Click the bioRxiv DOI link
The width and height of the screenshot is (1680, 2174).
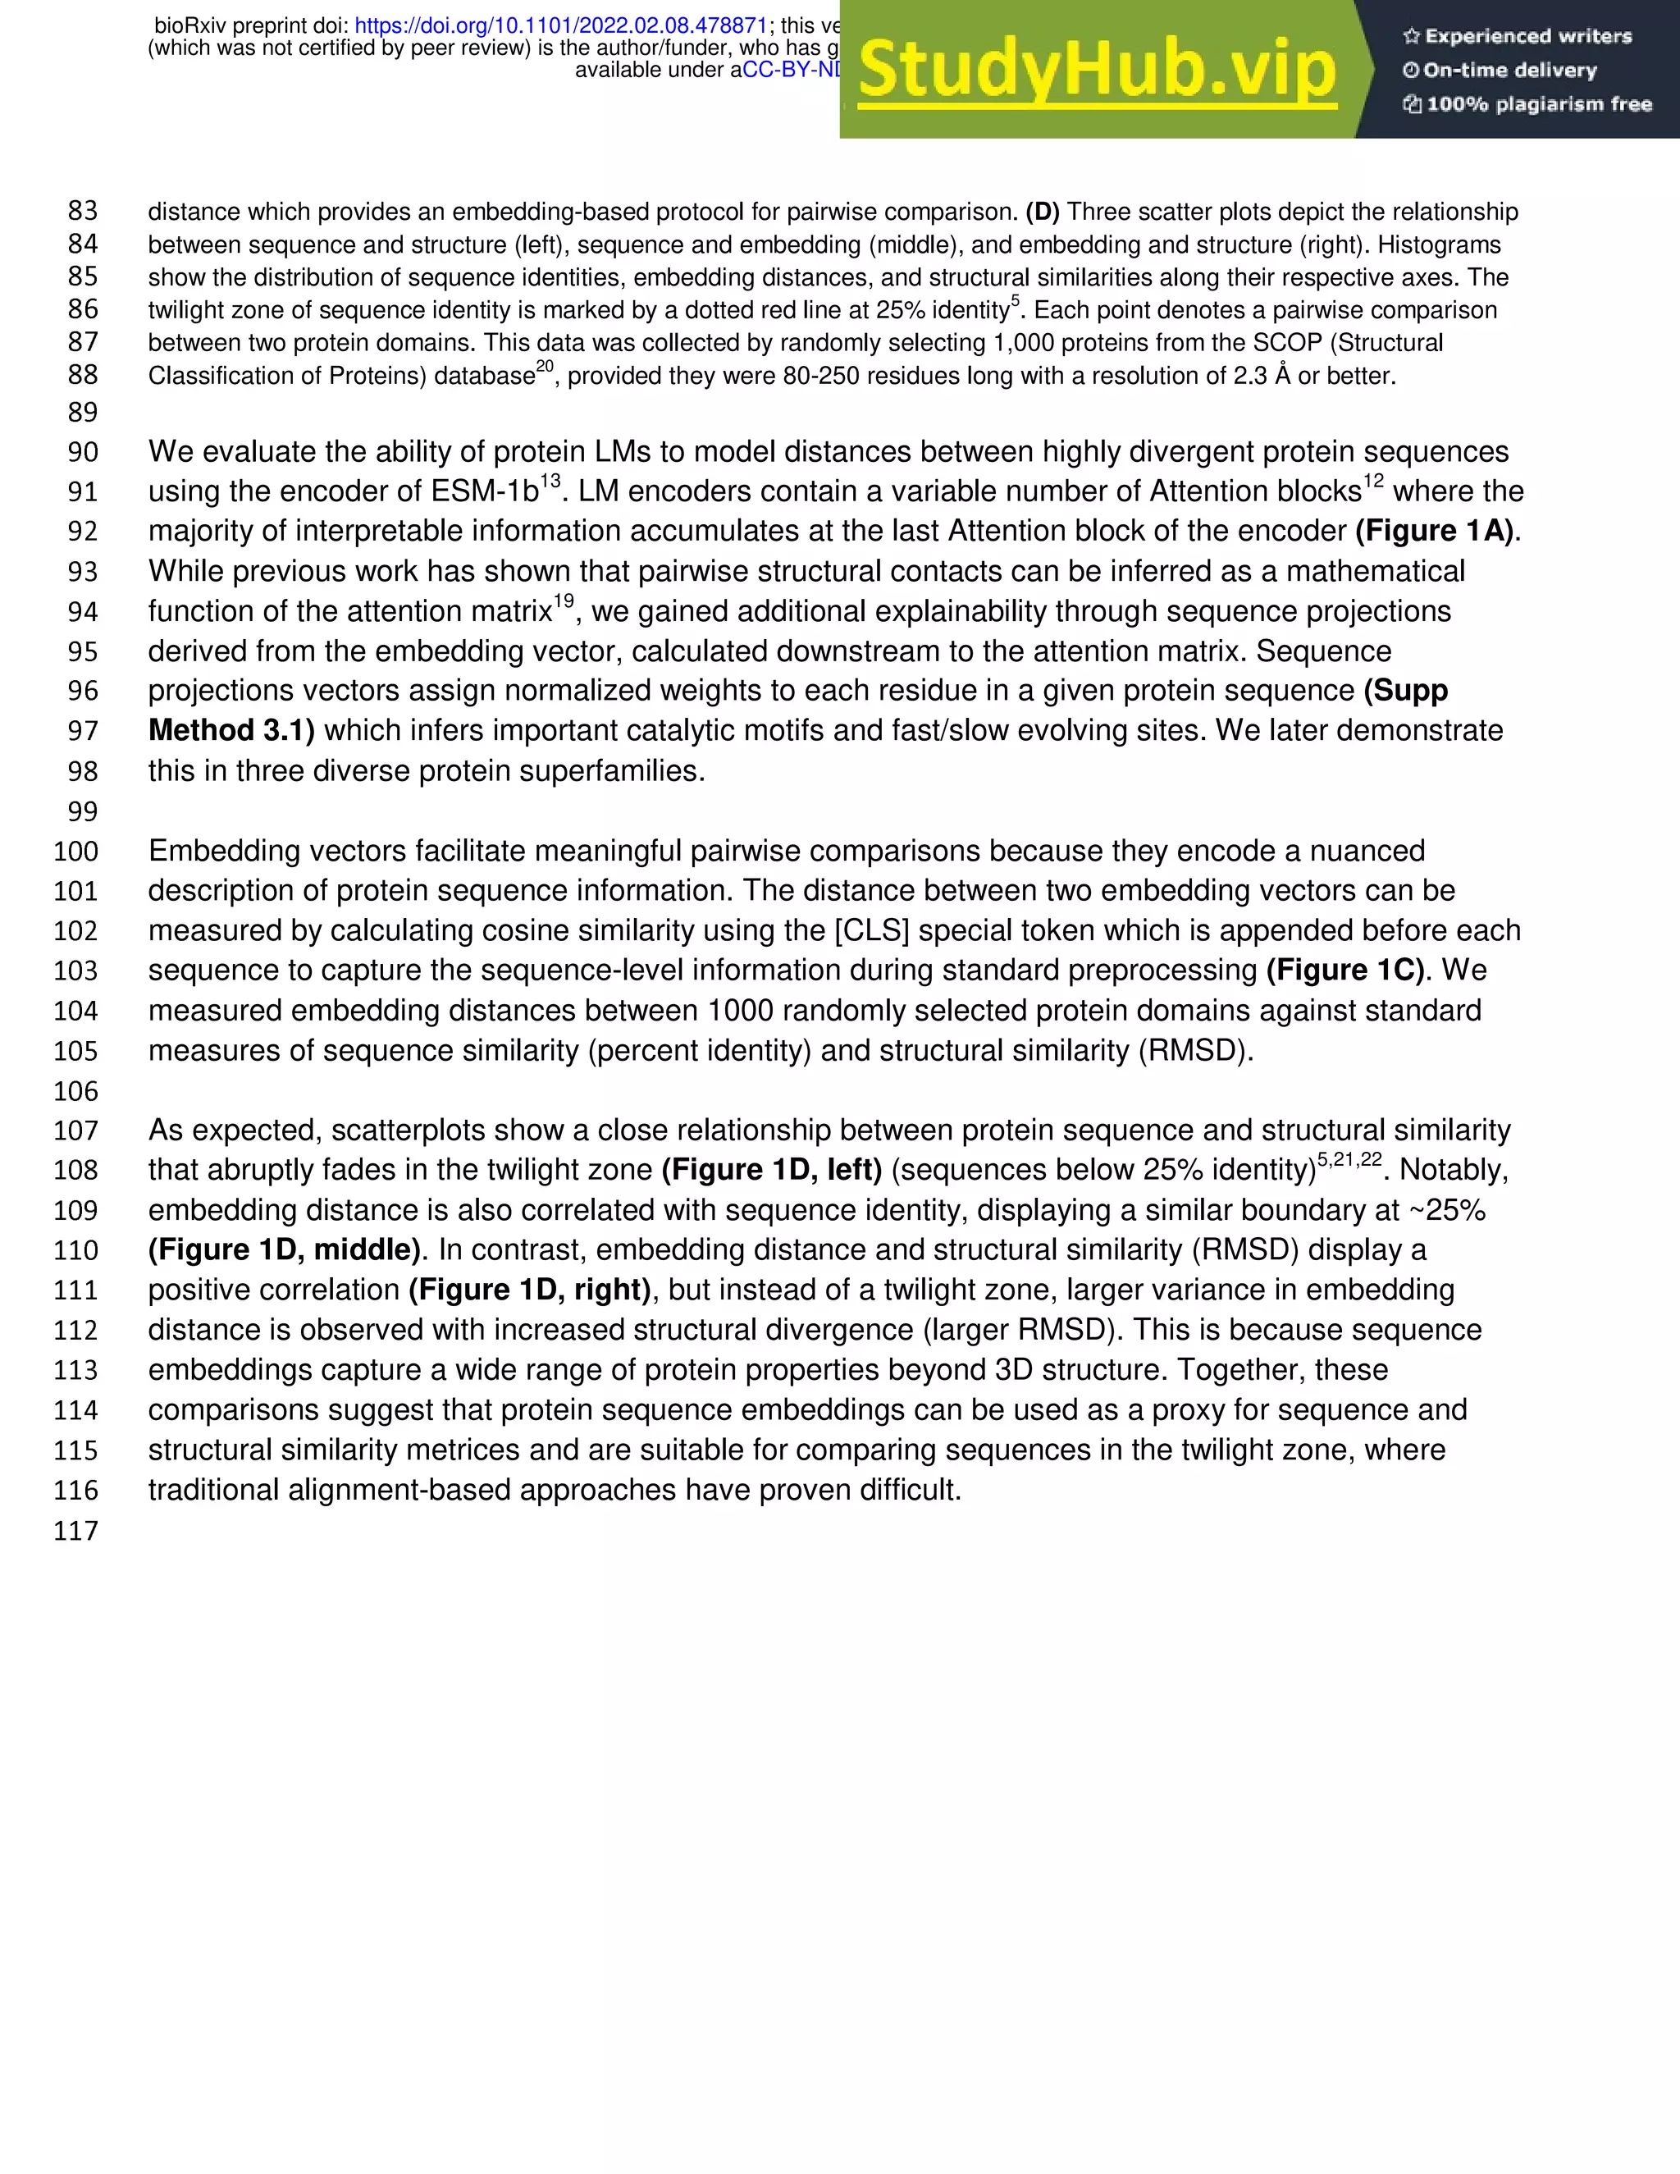560,26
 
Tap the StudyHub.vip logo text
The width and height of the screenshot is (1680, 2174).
1097,70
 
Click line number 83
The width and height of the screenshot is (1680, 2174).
83,211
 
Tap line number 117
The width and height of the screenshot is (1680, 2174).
76,1530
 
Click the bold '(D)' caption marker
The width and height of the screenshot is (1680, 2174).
1042,212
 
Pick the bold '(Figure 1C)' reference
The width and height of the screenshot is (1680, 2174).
1345,971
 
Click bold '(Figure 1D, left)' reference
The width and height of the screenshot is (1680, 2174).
771,1170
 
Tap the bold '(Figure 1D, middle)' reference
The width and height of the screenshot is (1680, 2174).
285,1250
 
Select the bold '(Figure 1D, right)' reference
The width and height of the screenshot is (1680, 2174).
529,1290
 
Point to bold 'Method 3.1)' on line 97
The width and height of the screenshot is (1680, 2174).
231,731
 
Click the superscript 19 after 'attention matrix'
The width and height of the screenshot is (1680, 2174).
564,601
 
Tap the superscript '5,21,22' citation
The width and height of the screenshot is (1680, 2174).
1349,1160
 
